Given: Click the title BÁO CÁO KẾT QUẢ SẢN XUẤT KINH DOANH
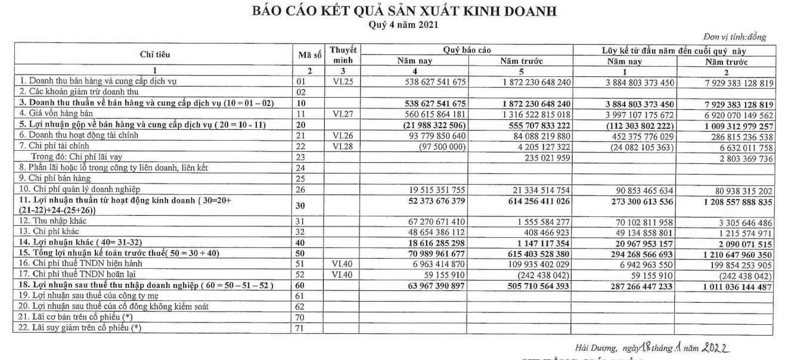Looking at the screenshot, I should pyautogui.click(x=392, y=11).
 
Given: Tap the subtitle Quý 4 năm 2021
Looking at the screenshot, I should pyautogui.click(x=392, y=25).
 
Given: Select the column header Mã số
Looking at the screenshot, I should pyautogui.click(x=309, y=55).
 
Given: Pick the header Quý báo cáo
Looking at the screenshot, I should pyautogui.click(x=466, y=50).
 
